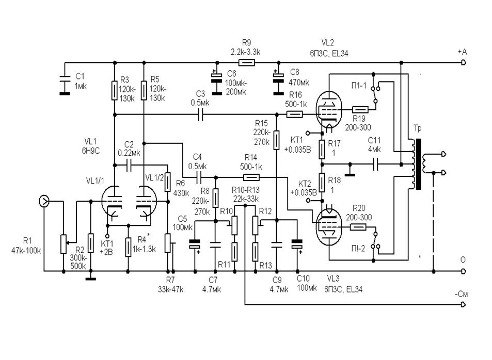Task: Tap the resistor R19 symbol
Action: pos(360,109)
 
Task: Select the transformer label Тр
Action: pos(417,128)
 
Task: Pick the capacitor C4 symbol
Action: pos(199,176)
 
